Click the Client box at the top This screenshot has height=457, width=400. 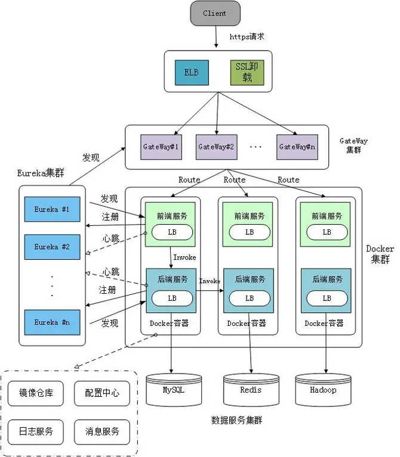click(215, 14)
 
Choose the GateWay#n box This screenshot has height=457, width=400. click(297, 147)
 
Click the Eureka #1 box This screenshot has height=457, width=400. click(52, 209)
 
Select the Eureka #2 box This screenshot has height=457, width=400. click(52, 247)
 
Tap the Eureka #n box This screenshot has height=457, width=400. click(52, 322)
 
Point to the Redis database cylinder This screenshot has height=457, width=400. click(251, 390)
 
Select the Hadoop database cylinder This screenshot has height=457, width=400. click(322, 390)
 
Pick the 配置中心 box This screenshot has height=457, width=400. click(102, 393)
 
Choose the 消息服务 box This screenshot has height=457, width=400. click(102, 431)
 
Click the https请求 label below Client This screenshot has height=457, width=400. click(247, 37)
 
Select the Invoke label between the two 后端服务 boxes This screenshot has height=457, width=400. click(210, 281)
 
